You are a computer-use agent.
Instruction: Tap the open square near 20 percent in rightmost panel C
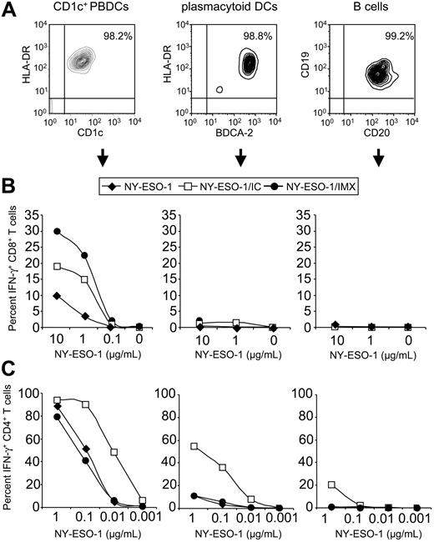pyautogui.click(x=333, y=484)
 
